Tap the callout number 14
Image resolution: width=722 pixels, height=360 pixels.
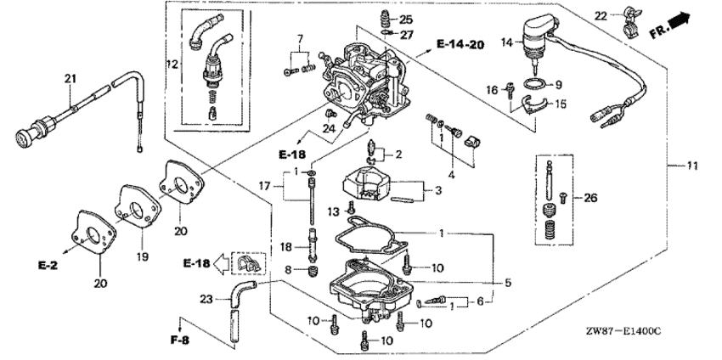click(x=506, y=42)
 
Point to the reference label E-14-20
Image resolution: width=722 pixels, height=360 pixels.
click(x=460, y=44)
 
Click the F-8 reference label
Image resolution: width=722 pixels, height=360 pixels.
click(x=180, y=340)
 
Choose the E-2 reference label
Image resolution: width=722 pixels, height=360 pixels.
click(x=48, y=266)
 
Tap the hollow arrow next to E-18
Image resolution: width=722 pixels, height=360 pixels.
click(x=223, y=264)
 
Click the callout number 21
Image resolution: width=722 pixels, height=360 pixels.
click(x=70, y=79)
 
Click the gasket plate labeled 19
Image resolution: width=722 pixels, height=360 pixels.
click(x=138, y=205)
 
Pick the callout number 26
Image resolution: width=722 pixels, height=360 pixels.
click(x=590, y=199)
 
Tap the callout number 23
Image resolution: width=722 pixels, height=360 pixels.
click(x=206, y=299)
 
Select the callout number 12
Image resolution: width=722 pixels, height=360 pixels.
click(x=172, y=65)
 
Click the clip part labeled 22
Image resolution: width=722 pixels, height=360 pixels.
click(x=629, y=20)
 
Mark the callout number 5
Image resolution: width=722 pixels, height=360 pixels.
click(x=508, y=283)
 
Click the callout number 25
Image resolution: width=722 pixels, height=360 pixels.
click(x=406, y=20)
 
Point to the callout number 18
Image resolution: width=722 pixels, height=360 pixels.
click(x=287, y=246)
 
